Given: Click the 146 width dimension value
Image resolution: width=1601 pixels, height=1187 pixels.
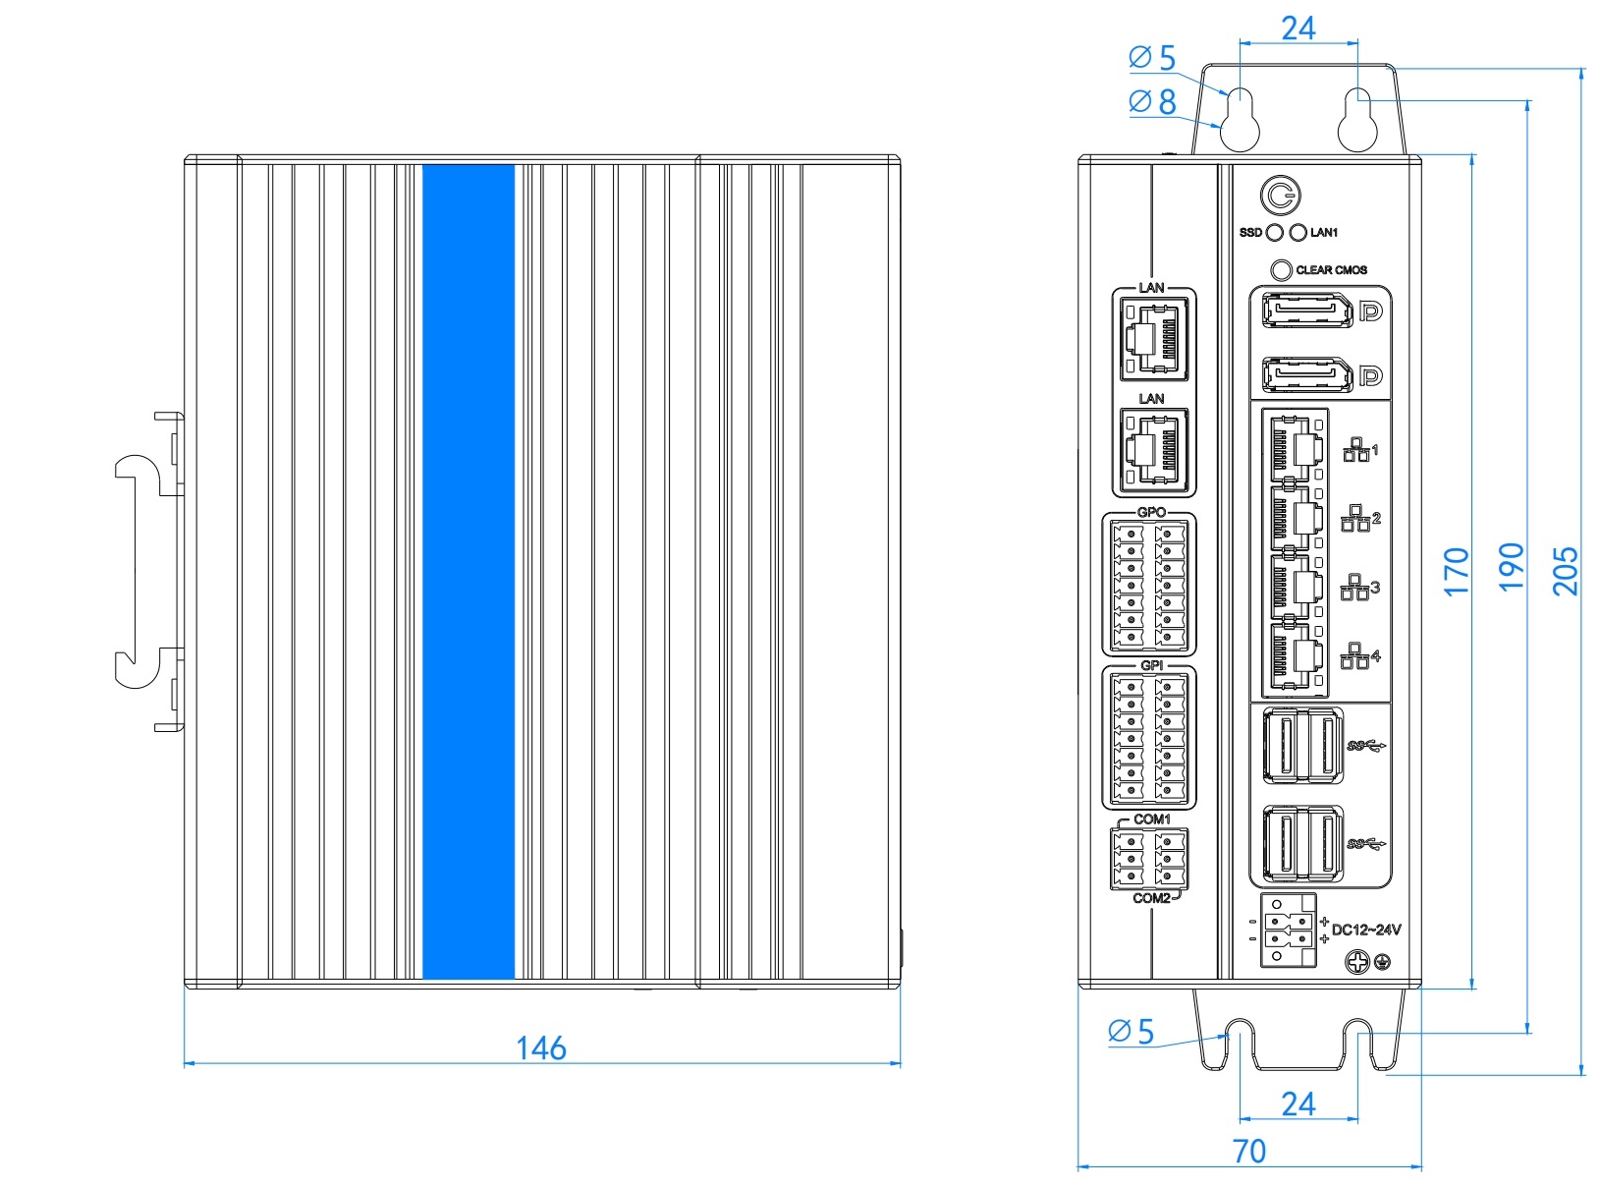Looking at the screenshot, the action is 540,1048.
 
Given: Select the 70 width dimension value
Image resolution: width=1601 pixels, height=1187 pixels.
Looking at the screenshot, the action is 1248,1152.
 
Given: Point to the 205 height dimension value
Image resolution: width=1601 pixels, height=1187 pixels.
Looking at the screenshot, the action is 1565,571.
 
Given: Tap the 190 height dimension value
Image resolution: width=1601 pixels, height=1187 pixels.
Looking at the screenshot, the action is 1511,567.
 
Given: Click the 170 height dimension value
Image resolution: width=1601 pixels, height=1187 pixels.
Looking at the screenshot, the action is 1457,572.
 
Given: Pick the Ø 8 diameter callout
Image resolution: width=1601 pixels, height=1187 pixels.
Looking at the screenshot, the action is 1153,102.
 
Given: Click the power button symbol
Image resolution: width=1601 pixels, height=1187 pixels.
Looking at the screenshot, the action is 1280,196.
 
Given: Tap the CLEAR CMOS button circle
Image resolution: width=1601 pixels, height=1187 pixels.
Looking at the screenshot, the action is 1281,270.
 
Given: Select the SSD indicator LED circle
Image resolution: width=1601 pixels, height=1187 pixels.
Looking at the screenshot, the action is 1275,233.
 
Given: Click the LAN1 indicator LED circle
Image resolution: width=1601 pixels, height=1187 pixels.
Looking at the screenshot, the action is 1297,233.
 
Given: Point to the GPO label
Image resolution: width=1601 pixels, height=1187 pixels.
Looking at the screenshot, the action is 1150,512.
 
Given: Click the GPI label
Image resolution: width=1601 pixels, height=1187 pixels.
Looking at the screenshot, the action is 1151,665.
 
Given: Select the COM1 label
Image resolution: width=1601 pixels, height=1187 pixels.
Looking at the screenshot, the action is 1152,820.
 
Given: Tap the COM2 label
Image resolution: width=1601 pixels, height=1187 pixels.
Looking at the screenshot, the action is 1151,898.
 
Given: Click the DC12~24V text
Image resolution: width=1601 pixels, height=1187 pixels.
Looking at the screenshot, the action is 1366,930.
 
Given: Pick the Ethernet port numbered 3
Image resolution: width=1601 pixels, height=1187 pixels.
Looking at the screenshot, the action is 1297,588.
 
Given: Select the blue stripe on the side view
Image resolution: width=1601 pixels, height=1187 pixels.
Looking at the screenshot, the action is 469,572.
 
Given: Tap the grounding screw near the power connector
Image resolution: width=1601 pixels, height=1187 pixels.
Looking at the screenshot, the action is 1357,962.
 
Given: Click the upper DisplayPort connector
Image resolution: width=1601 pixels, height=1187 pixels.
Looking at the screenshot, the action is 1307,311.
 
